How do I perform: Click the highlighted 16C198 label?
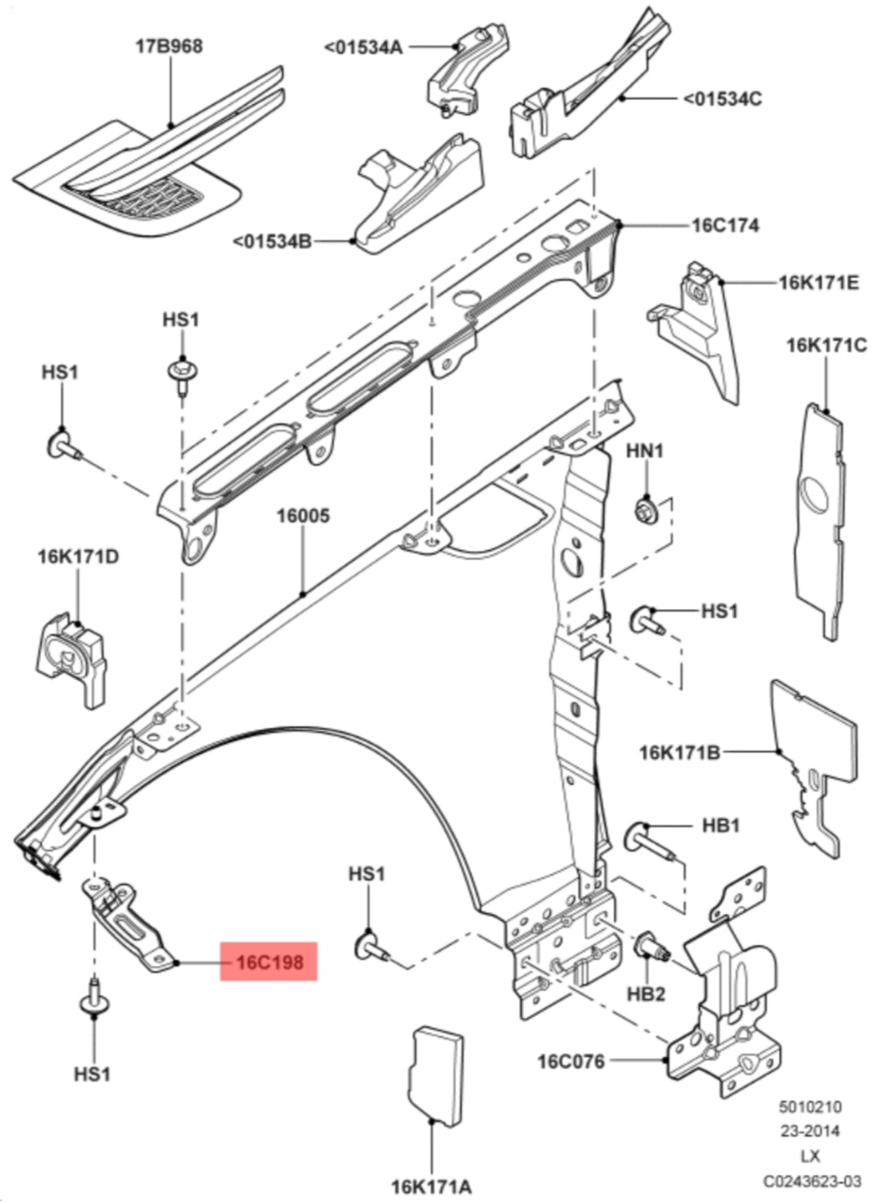[x=269, y=961]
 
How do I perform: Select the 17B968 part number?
[x=169, y=46]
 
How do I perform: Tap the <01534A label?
[x=363, y=46]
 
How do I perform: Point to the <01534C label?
[x=721, y=98]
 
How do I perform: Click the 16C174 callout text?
[x=725, y=225]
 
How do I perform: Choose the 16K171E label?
[x=818, y=283]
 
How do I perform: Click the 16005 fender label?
[x=303, y=516]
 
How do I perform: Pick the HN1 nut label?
[x=645, y=450]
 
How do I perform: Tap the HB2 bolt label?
[x=646, y=994]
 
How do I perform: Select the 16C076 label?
[x=571, y=1061]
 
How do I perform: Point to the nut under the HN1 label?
[x=646, y=508]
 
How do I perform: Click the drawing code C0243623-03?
[x=811, y=1181]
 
